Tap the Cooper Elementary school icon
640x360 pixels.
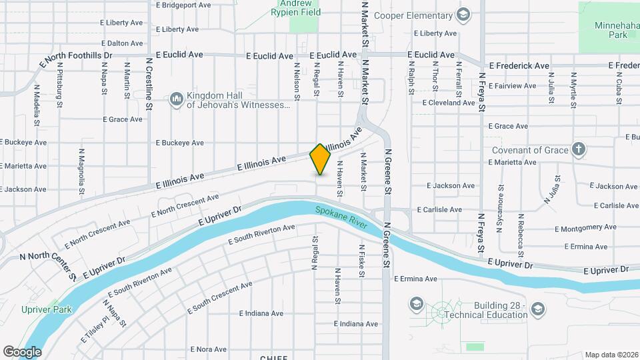click(463, 15)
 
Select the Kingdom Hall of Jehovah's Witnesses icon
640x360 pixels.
click(177, 99)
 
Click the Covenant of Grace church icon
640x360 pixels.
click(579, 149)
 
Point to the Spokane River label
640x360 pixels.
click(341, 219)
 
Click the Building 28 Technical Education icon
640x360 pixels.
click(538, 309)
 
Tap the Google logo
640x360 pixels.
click(22, 351)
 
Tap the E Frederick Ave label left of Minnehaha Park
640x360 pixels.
click(519, 66)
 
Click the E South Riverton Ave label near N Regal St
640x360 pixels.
click(261, 235)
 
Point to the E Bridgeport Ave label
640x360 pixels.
click(183, 5)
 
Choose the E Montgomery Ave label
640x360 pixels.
click(577, 228)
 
